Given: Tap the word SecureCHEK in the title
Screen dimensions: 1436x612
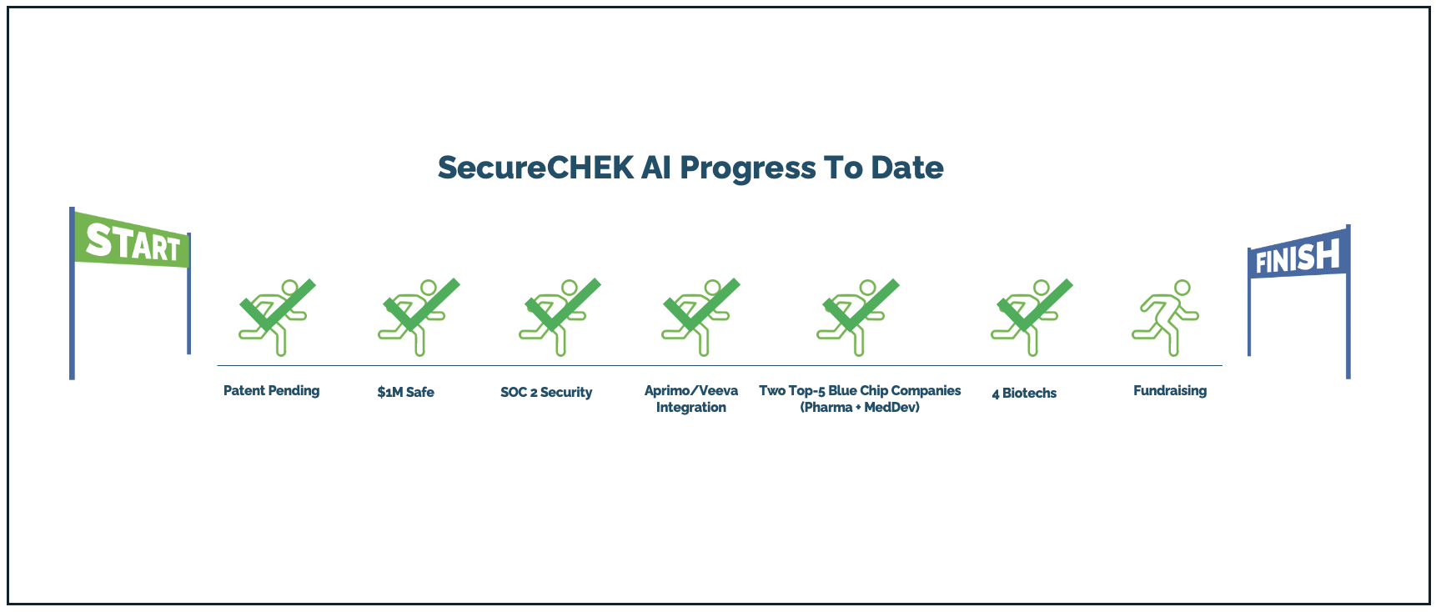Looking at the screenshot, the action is click(535, 168).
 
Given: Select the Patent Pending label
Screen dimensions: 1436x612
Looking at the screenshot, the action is click(271, 390).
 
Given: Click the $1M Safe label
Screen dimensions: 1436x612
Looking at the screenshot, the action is click(405, 392).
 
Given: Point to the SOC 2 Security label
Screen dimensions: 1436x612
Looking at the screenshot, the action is click(546, 392).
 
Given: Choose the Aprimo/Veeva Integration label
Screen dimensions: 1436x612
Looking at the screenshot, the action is click(691, 399).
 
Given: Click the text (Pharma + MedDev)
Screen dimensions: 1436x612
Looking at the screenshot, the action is click(860, 407).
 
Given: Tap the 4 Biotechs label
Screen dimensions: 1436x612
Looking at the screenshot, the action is click(1024, 393).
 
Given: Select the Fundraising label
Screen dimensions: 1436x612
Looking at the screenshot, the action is click(1170, 390).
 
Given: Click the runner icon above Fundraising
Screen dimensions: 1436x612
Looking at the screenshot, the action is click(1165, 318).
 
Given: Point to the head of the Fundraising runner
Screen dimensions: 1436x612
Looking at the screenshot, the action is click(1182, 288).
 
